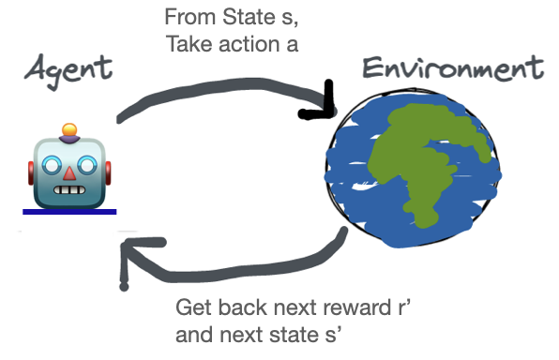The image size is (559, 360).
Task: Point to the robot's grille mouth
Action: [71, 191]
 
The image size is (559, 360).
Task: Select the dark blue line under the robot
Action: [69, 212]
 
